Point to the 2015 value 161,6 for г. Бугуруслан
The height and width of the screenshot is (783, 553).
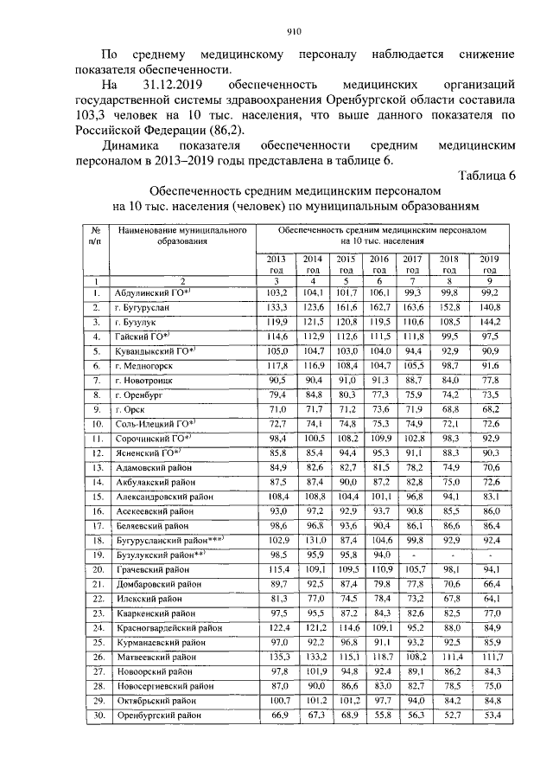tap(346, 307)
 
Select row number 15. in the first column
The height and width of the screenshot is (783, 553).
tap(98, 496)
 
